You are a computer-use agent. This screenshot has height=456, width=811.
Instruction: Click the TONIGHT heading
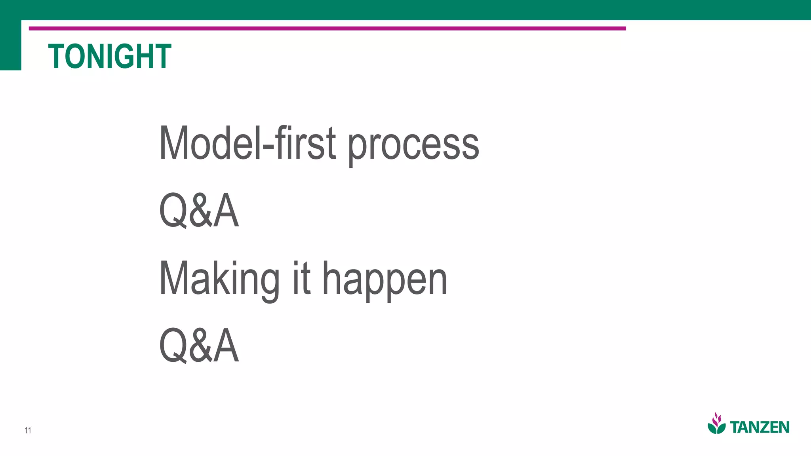[x=110, y=57]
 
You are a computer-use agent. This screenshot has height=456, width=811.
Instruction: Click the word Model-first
[x=247, y=143]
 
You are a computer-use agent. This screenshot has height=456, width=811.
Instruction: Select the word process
[x=413, y=145]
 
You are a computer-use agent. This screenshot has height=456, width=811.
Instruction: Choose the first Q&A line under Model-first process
[x=199, y=211]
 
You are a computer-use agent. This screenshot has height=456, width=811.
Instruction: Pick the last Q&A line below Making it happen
[x=199, y=346]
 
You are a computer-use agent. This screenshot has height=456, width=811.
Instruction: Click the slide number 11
[x=28, y=430]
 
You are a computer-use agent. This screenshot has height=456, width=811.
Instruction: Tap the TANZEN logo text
[x=760, y=427]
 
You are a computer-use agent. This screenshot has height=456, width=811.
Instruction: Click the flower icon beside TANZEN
[x=716, y=424]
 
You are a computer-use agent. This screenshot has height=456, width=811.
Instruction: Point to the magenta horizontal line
[x=327, y=28]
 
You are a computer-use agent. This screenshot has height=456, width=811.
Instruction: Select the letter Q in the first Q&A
[x=172, y=211]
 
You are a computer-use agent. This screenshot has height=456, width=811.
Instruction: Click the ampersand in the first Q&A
[x=200, y=211]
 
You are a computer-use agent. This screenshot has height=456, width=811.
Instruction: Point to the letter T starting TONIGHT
[x=57, y=57]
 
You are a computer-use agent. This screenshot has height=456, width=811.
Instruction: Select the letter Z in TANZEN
[x=763, y=427]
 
